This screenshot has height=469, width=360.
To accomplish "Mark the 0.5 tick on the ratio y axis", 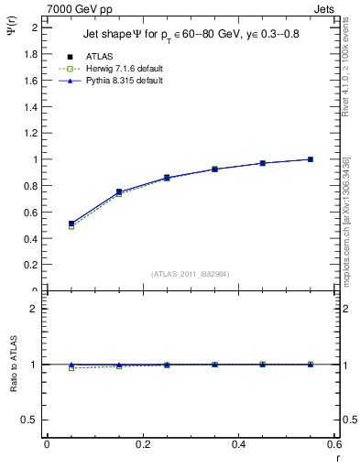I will pyautogui.click(x=31, y=419).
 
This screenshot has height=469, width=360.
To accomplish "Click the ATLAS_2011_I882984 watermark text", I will pyautogui.click(x=191, y=273).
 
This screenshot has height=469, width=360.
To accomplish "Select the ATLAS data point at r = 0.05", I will pyautogui.click(x=71, y=224).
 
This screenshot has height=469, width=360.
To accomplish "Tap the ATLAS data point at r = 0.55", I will pyautogui.click(x=311, y=159).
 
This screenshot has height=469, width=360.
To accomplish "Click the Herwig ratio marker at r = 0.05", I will pyautogui.click(x=71, y=368).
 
